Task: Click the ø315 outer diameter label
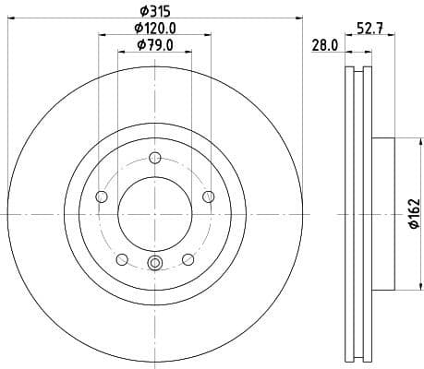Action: click(154, 10)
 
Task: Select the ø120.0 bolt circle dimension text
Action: click(154, 29)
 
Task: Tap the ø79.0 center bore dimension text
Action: click(154, 45)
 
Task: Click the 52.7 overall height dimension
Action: click(370, 29)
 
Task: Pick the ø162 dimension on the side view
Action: click(414, 214)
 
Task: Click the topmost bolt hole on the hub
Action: click(154, 156)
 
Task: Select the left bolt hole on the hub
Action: click(102, 196)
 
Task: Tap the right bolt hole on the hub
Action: click(208, 195)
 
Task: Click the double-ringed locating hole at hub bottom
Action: click(154, 266)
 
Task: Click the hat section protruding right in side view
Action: click(383, 213)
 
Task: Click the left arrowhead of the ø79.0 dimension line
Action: click(121, 53)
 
